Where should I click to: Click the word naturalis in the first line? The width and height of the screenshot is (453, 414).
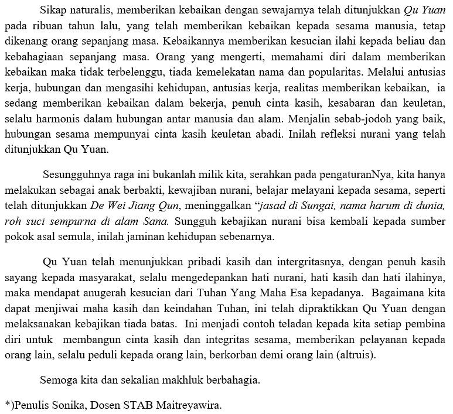coord(88,11)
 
